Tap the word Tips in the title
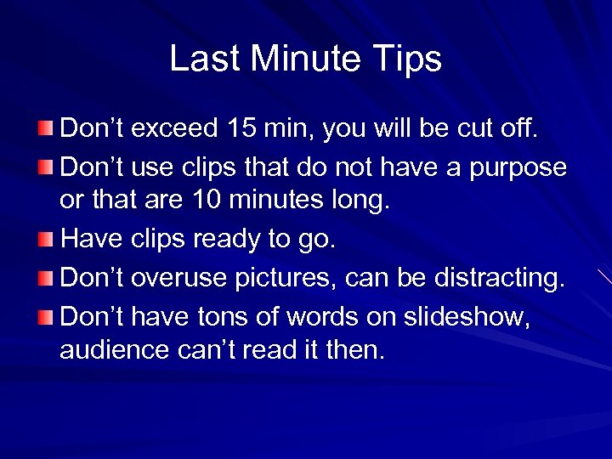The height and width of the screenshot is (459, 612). [x=411, y=59]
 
